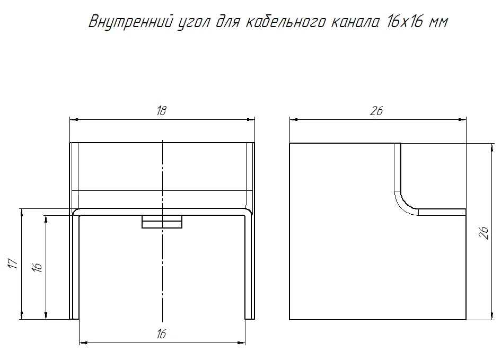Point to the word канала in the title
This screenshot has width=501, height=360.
(x=355, y=23)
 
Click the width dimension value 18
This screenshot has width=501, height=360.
(x=162, y=111)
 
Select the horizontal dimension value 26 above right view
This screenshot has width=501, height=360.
(x=377, y=111)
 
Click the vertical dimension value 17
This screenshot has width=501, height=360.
(x=14, y=264)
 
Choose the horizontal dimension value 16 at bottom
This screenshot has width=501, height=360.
(x=162, y=334)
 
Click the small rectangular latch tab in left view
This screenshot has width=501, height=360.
(x=162, y=221)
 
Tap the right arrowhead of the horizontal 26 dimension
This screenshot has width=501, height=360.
(x=462, y=120)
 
